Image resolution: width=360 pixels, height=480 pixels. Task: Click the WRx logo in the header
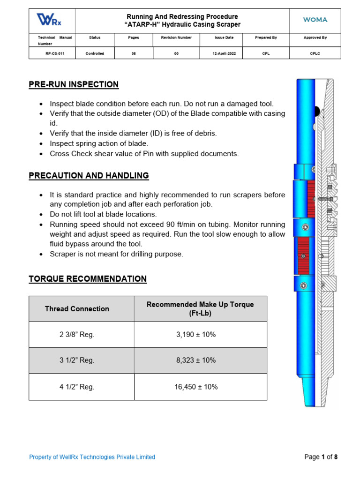pos(49,20)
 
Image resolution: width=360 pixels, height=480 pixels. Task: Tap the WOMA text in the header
pos(315,20)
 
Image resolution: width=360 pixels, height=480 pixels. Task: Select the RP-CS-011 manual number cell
pos(52,53)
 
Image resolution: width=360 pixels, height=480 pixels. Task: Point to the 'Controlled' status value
pos(95,53)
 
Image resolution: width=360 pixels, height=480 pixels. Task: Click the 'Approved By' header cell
pos(315,37)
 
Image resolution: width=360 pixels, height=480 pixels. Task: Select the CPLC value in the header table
pos(315,53)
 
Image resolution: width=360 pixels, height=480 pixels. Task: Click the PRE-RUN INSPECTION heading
pos(74,84)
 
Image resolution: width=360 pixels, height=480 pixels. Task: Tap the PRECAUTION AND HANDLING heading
pos(89,175)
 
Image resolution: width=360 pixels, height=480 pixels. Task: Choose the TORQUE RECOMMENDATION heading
pos(88,279)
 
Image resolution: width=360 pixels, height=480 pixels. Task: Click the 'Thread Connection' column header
pos(77,309)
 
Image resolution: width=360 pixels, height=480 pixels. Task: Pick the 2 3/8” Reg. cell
pos(77,334)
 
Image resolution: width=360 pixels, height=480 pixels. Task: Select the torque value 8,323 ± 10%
pos(200,360)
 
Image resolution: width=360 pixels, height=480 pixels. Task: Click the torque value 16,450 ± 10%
pos(200,387)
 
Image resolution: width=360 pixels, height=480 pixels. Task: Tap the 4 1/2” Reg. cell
pos(77,387)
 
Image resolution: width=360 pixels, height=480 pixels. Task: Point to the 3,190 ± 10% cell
pos(200,334)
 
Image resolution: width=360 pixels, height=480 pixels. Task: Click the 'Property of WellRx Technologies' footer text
pos(92,457)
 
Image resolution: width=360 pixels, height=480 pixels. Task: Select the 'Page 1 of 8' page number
pos(321,457)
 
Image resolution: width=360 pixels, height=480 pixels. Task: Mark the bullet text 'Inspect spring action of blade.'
pos(99,143)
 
